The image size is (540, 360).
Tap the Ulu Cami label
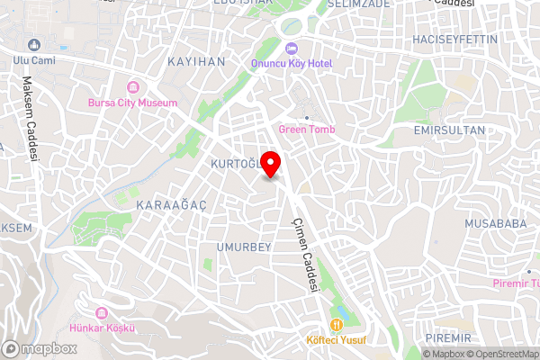[x=31, y=60]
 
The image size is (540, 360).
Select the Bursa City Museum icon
[x=133, y=87]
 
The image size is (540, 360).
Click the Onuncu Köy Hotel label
[x=291, y=64]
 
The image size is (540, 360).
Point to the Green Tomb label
[x=307, y=130]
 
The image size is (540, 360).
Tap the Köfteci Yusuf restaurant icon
[x=337, y=325]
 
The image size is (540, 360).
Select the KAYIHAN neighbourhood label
[x=196, y=61]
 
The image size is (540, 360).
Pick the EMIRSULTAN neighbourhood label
[x=449, y=130]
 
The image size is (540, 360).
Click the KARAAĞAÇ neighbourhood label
[x=171, y=205]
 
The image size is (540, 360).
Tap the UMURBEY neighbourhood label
[x=244, y=247]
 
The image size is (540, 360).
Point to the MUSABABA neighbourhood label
[x=495, y=223]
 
